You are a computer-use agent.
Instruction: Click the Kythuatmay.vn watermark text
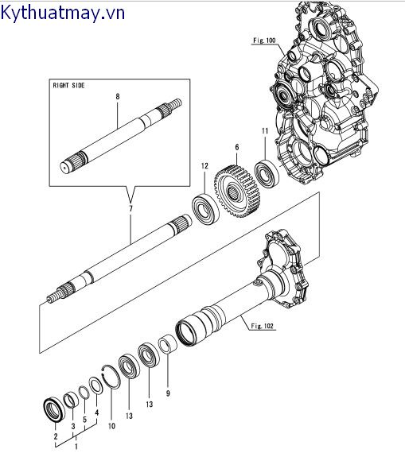62,14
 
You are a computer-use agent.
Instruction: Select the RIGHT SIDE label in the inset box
68,85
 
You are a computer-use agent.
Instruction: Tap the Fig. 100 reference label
264,41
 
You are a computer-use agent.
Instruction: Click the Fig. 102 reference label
263,326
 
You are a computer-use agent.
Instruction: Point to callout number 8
118,96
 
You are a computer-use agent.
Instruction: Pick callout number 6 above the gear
236,147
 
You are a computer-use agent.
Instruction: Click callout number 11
265,131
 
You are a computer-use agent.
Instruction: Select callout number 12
204,166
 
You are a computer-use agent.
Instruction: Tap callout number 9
168,393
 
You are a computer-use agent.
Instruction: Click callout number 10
111,426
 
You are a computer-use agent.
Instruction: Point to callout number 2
56,436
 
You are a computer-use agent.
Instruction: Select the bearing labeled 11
267,174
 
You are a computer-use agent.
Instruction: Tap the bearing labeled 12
205,208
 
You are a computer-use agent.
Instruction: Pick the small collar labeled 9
168,344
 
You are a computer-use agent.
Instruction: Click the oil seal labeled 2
54,409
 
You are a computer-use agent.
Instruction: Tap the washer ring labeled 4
95,385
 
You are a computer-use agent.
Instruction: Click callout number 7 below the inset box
130,208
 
